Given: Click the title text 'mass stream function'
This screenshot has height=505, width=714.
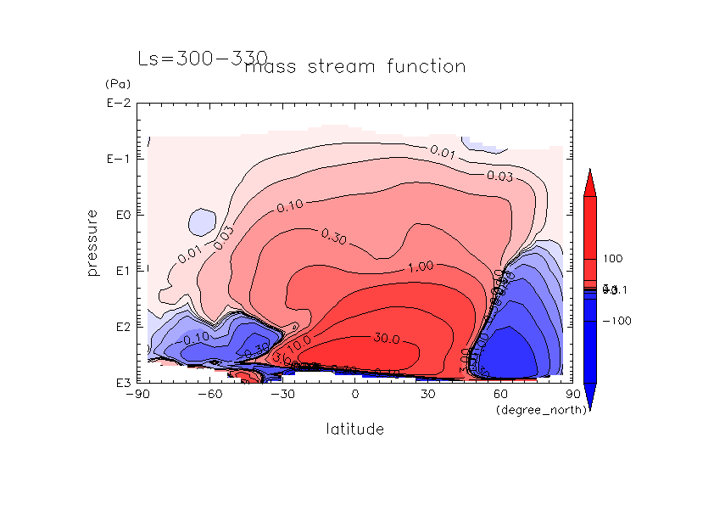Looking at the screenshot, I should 354,67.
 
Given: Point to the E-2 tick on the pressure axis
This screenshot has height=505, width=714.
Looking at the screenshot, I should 116,104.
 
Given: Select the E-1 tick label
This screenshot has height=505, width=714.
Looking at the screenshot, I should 116,160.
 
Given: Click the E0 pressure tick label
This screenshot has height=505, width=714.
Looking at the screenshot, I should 119,216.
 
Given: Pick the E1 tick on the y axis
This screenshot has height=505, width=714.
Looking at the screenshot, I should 119,271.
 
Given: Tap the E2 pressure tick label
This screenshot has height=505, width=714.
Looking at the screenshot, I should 119,327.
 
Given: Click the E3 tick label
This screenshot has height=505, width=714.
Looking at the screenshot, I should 119,383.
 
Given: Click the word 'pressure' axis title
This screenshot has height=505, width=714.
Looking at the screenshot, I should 94,243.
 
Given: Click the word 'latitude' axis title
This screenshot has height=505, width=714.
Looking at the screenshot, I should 355,429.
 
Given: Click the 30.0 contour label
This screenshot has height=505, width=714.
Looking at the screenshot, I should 386,339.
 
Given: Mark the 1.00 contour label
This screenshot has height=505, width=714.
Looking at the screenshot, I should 421,266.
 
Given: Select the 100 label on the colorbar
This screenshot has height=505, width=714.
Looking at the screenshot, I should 612,258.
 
